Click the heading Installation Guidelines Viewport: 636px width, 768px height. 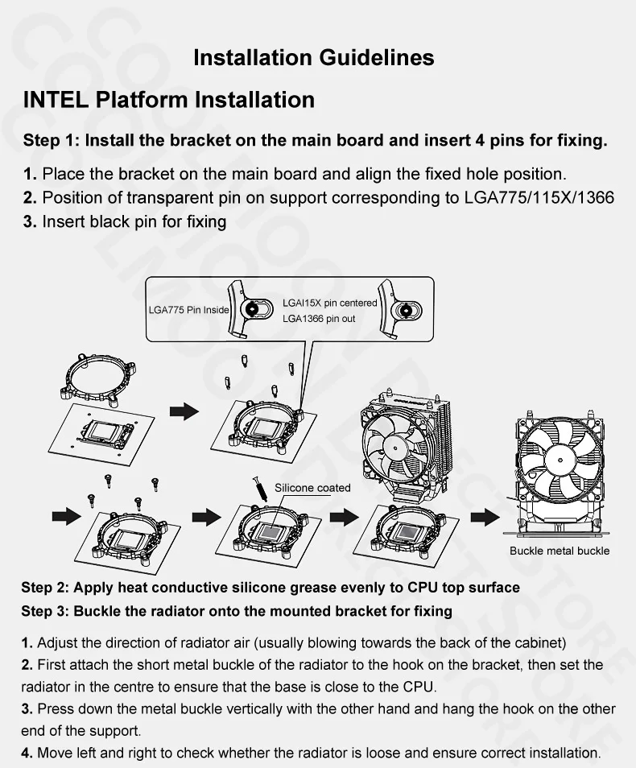pyautogui.click(x=314, y=58)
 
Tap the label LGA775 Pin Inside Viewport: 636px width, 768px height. pyautogui.click(x=188, y=310)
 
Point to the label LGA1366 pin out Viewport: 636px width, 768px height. pyautogui.click(x=319, y=319)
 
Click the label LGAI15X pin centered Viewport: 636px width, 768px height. pyautogui.click(x=329, y=303)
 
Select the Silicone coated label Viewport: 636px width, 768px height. pyautogui.click(x=312, y=488)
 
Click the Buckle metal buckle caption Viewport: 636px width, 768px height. pyautogui.click(x=560, y=551)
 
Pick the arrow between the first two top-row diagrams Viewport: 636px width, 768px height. pyautogui.click(x=184, y=411)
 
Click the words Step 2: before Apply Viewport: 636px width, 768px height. pyautogui.click(x=45, y=588)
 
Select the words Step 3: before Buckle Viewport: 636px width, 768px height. pyautogui.click(x=45, y=611)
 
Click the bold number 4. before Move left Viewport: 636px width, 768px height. pyautogui.click(x=27, y=754)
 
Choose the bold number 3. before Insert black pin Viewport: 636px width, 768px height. pyautogui.click(x=30, y=221)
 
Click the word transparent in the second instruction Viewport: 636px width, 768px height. pyautogui.click(x=145, y=198)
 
